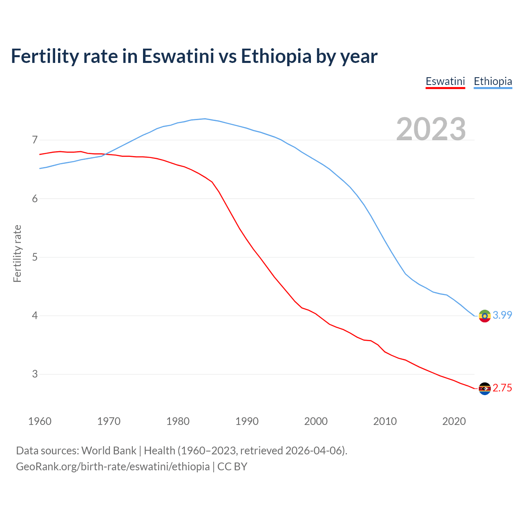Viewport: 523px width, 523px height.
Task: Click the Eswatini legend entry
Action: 445,81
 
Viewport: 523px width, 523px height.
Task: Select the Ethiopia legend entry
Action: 493,81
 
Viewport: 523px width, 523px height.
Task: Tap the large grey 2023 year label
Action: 431,129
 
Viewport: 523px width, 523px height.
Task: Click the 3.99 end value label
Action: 502,315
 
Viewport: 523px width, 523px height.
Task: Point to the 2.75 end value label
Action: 502,388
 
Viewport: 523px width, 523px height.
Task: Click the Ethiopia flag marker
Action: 485,316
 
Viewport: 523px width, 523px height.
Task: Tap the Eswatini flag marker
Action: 485,389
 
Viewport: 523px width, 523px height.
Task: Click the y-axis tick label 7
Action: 35,140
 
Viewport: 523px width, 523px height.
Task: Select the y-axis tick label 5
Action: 35,257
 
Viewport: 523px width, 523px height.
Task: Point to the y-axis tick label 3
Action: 35,374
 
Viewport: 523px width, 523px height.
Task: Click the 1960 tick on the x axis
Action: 40,421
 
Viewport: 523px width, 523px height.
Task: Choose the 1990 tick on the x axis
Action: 247,421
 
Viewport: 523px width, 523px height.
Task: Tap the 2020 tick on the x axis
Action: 454,421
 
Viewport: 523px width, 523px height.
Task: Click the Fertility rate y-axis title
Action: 17,253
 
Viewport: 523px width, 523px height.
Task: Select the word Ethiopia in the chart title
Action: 276,56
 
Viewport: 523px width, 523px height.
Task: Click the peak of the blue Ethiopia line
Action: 205,119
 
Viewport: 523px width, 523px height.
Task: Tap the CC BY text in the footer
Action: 232,467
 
